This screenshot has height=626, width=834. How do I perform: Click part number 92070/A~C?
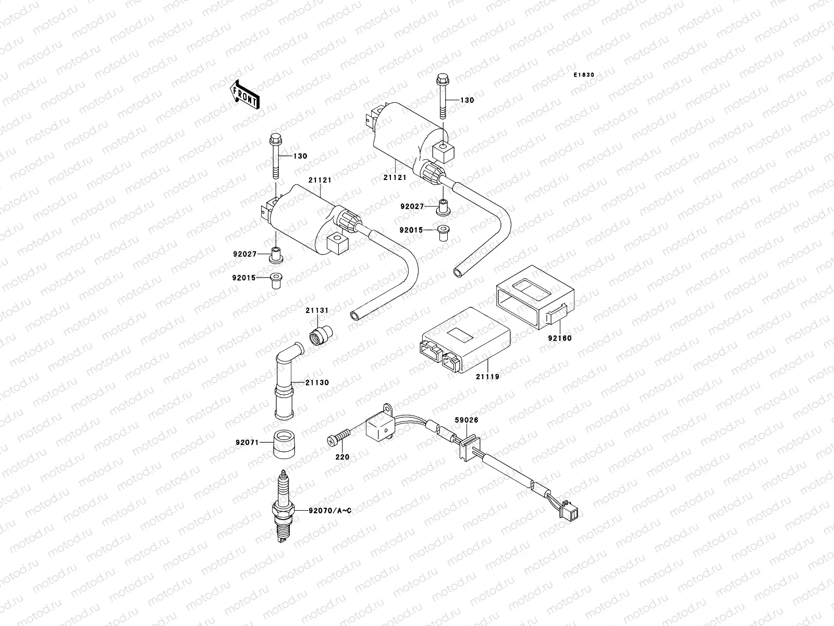coord(329,511)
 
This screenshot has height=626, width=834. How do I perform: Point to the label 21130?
coord(317,382)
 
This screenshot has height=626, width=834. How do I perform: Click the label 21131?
coord(317,310)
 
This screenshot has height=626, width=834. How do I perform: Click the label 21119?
coord(487,376)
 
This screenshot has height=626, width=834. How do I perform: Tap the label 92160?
coord(559,338)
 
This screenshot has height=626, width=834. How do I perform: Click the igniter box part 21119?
coord(464,344)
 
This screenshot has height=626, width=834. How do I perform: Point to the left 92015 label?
coord(244,278)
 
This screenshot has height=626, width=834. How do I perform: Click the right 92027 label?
coord(412,207)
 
